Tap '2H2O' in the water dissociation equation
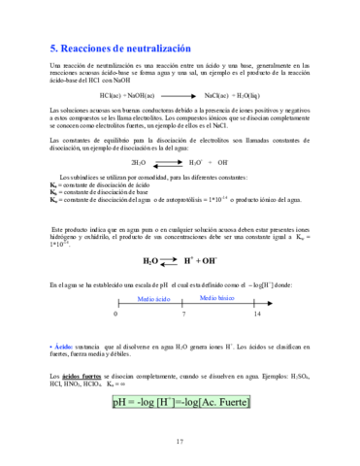point(139,163)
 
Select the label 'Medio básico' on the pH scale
point(218,299)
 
